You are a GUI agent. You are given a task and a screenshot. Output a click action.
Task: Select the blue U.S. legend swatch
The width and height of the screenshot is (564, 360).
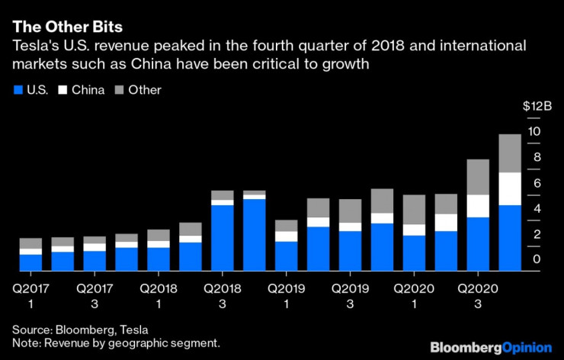(18, 90)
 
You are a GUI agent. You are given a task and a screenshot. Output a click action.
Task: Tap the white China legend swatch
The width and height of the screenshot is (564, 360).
(63, 90)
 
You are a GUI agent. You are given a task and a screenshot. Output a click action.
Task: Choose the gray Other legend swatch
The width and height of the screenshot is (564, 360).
(119, 90)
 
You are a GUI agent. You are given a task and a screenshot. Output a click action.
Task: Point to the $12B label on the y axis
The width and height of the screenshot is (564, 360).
(534, 106)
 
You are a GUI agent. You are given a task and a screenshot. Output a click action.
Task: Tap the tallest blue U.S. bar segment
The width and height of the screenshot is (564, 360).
(254, 235)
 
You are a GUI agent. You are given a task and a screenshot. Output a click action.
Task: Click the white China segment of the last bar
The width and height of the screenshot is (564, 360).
(509, 188)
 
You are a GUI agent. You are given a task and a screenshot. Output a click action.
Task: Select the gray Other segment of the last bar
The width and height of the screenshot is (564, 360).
(509, 153)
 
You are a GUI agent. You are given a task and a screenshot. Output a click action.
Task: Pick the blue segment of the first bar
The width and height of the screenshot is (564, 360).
(30, 262)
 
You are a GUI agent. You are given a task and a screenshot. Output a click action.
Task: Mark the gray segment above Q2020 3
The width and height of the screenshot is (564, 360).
(477, 177)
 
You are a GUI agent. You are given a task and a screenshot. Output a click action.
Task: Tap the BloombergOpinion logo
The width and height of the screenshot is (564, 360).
(491, 347)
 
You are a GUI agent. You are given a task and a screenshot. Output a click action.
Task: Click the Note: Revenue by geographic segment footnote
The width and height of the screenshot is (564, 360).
(116, 343)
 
